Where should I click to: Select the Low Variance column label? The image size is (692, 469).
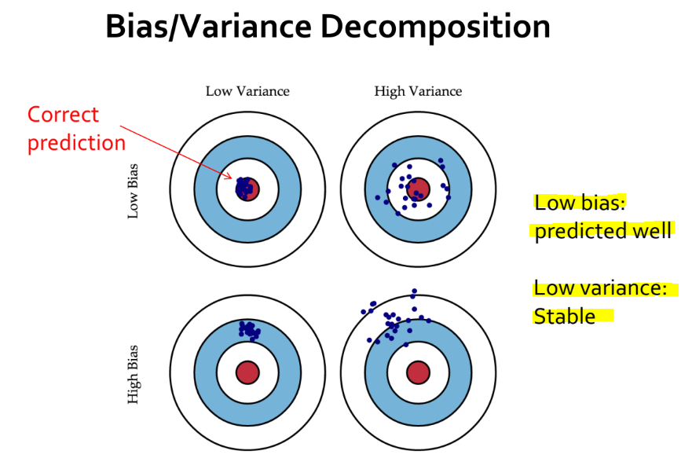[247, 91]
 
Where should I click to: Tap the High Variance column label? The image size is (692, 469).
[418, 91]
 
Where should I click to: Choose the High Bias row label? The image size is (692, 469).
[133, 375]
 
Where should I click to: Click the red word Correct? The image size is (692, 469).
[63, 115]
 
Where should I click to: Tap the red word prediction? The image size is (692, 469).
[76, 143]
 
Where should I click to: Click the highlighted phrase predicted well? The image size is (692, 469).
[602, 231]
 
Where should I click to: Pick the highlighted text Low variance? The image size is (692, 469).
[599, 288]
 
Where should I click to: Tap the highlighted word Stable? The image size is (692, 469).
[563, 316]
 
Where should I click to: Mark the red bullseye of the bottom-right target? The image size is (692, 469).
[417, 372]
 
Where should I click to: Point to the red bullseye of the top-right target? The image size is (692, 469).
[418, 189]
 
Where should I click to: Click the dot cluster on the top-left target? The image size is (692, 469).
[245, 187]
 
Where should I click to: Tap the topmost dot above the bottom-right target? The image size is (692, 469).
[414, 291]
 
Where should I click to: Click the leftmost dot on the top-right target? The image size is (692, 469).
[378, 197]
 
